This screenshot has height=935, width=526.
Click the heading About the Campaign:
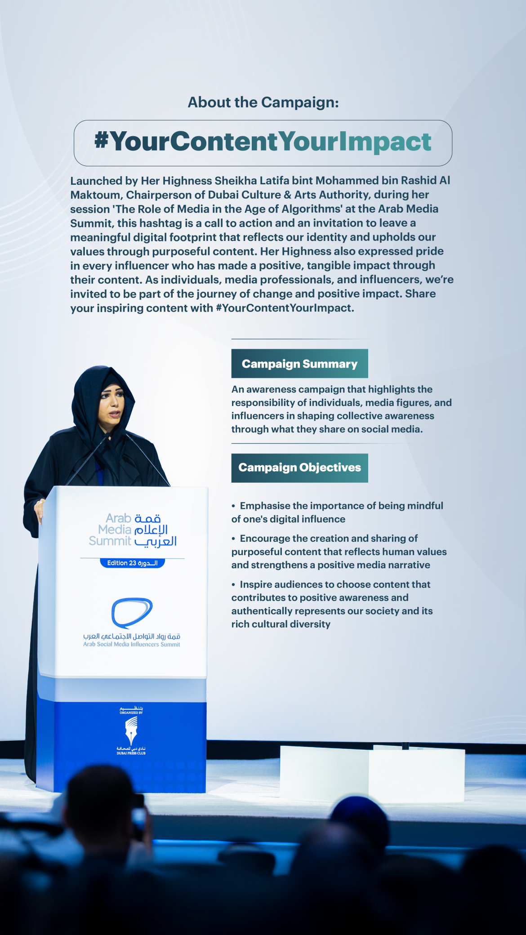tap(263, 102)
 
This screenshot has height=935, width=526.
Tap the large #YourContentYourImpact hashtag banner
tap(263, 142)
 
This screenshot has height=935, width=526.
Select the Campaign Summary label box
tap(299, 364)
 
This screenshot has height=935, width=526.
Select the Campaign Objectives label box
tap(299, 467)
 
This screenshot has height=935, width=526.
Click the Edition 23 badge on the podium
tap(132, 563)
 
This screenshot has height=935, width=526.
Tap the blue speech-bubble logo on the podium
tap(132, 612)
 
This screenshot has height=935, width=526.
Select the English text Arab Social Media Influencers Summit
tap(131, 644)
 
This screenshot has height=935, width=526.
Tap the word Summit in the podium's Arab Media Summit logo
tap(110, 541)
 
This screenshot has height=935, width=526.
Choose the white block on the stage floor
tap(372, 773)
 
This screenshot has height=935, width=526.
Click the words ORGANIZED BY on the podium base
tap(131, 712)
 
